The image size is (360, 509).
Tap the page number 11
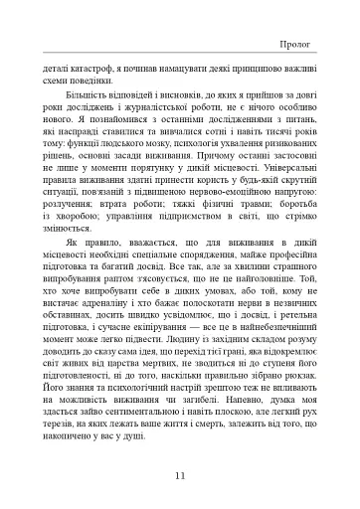(178, 476)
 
